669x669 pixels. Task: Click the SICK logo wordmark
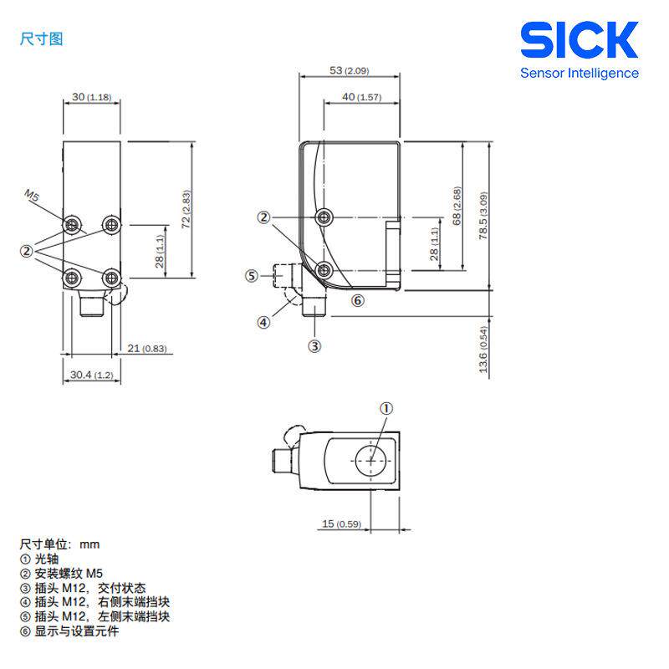[x=579, y=39]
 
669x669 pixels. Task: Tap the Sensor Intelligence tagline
[x=579, y=74]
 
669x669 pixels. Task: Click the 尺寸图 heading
[x=41, y=38]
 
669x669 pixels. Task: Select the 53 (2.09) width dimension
[x=349, y=70]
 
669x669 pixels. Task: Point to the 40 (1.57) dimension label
[x=361, y=97]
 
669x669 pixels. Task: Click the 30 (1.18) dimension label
[x=91, y=97]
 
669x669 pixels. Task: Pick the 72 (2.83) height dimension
[x=186, y=209]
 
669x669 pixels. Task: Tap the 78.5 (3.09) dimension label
[x=483, y=216]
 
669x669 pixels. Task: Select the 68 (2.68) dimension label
[x=457, y=206]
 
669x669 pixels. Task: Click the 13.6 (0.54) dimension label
[x=483, y=350]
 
